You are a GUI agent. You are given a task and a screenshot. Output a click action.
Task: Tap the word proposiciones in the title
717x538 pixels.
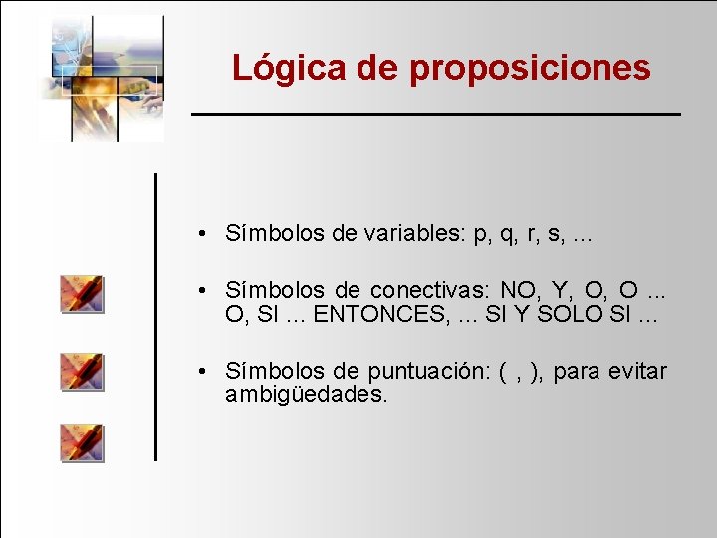tap(530, 69)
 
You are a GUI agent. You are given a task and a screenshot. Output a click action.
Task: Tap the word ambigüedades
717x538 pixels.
tap(306, 395)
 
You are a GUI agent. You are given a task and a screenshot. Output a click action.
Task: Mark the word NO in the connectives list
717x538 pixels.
tap(517, 291)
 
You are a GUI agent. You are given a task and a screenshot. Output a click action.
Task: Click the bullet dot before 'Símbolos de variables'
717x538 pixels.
tap(201, 235)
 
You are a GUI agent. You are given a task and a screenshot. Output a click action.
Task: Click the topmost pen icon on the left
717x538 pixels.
tap(82, 294)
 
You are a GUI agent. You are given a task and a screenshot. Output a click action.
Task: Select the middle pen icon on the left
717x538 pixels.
tap(82, 370)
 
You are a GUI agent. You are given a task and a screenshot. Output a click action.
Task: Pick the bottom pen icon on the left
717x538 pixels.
tap(82, 442)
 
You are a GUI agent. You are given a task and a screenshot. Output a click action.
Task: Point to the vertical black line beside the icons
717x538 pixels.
tap(155, 317)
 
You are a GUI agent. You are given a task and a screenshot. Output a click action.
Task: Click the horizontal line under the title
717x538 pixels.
tap(436, 115)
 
